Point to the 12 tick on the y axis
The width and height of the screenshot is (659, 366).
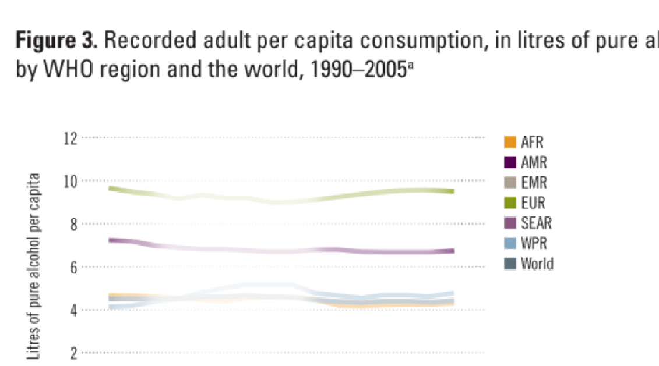[72, 138]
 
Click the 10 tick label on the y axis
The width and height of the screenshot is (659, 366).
[72, 181]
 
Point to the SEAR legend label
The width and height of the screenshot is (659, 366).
[536, 223]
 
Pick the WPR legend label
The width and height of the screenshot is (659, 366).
[534, 244]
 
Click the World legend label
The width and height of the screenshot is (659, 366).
[537, 264]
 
